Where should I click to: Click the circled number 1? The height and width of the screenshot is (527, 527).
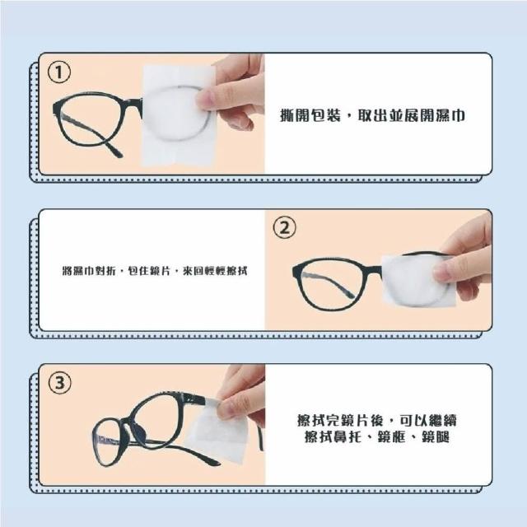(x=59, y=73)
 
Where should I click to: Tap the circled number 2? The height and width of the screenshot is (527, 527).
(x=285, y=228)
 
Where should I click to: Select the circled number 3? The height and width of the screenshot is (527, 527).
(x=60, y=382)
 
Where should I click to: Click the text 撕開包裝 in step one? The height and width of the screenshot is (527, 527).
(x=310, y=115)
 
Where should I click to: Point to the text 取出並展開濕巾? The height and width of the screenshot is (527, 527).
(x=411, y=115)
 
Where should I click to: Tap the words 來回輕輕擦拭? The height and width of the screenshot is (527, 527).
(x=215, y=271)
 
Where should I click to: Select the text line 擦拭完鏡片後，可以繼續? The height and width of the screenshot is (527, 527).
(x=377, y=421)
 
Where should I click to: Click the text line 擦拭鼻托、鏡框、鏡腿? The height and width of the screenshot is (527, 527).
(x=377, y=437)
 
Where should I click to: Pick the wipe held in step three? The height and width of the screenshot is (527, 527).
(x=217, y=430)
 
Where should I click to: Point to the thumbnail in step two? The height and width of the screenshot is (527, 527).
(x=444, y=271)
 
